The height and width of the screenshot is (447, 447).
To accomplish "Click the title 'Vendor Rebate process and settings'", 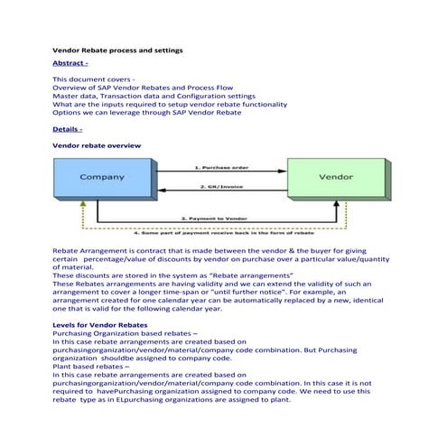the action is tap(117, 50).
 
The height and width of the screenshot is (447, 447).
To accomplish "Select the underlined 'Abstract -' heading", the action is tap(70, 63).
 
